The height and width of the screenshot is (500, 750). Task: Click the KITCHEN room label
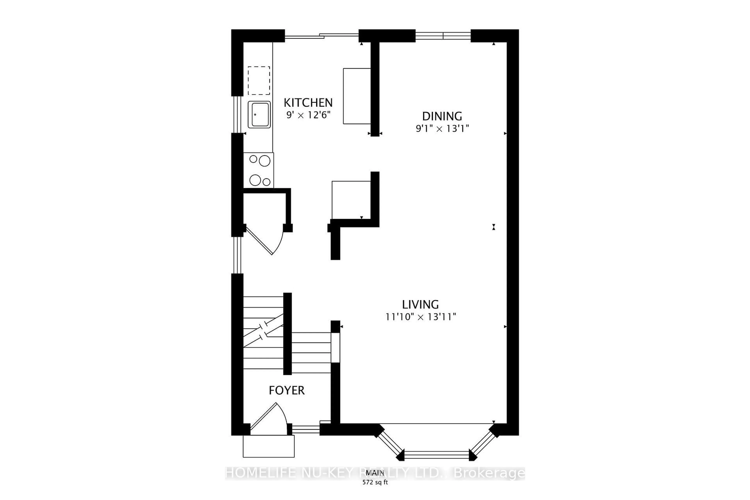coord(308,103)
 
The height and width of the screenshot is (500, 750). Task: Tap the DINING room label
coord(442,116)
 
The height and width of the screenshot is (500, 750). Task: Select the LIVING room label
coord(420,304)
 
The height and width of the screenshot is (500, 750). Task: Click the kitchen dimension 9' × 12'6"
coord(308,115)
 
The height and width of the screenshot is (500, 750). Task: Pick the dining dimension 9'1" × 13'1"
coord(442,129)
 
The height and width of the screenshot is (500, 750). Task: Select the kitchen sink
coord(259,114)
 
